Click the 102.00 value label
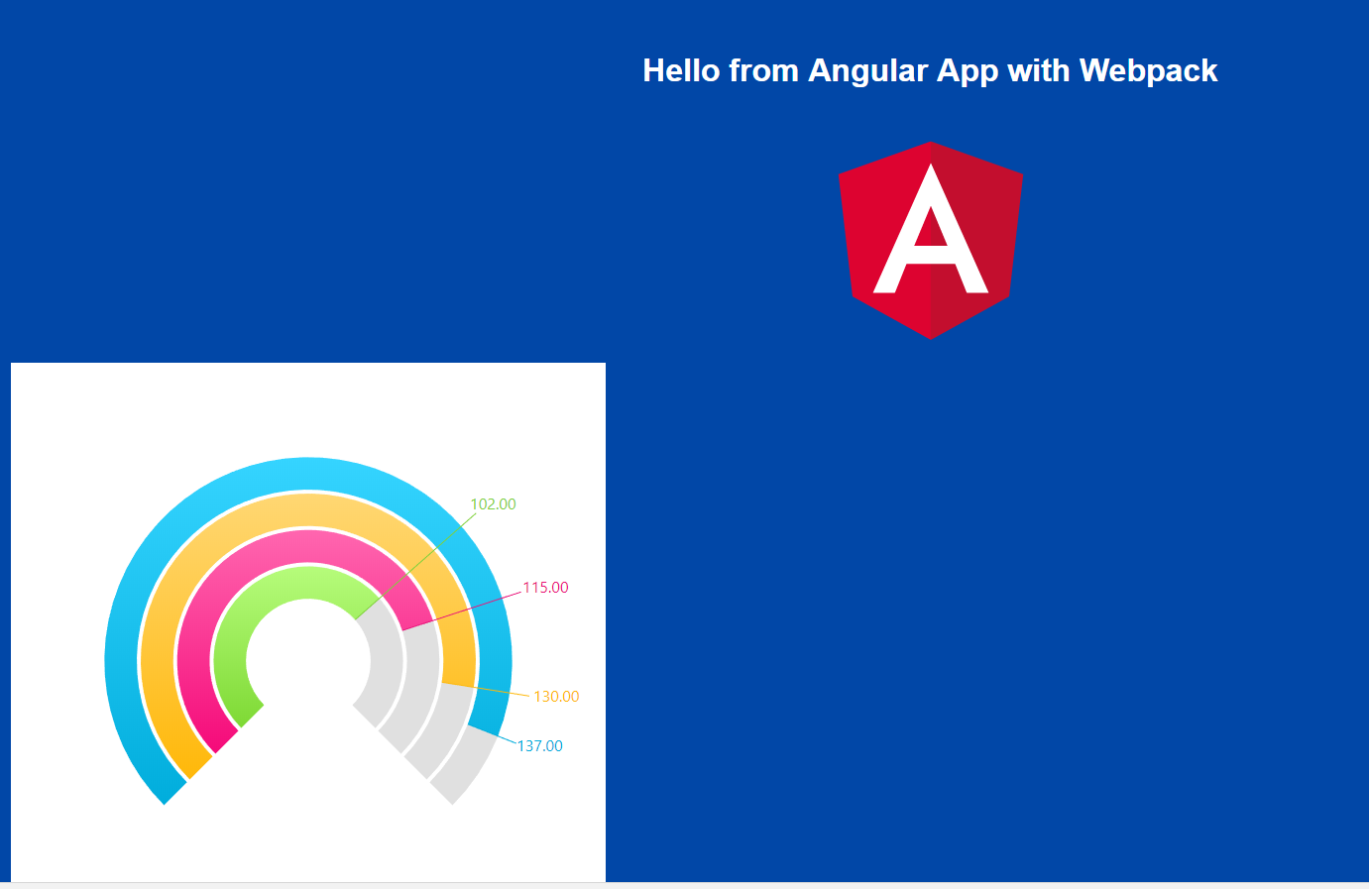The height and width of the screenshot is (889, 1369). [493, 504]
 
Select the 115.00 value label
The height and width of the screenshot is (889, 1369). [545, 588]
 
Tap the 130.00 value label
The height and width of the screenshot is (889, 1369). [556, 697]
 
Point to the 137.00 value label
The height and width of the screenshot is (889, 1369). [539, 746]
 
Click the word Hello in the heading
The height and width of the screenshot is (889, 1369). [681, 70]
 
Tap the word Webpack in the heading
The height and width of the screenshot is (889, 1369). [1148, 71]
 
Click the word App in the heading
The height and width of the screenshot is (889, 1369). [968, 72]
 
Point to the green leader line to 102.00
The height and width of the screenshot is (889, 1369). [415, 566]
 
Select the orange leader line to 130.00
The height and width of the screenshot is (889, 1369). [486, 689]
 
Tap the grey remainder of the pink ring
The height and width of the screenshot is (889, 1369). [421, 672]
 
